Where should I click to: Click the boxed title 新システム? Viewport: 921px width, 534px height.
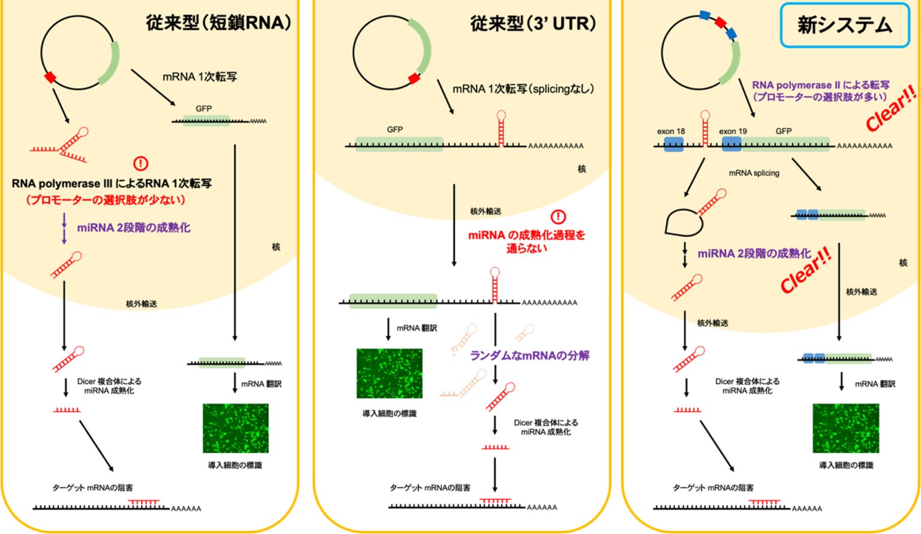pos(844,25)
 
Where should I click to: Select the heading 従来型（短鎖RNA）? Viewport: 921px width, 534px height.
pos(218,23)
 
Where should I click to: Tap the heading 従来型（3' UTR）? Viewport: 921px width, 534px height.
pos(533,23)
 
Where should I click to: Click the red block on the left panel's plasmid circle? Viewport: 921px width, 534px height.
pos(50,77)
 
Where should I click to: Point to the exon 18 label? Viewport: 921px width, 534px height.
pos(670,131)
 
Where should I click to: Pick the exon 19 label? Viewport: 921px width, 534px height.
pos(733,131)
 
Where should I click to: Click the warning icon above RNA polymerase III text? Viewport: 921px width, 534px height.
pos(140,163)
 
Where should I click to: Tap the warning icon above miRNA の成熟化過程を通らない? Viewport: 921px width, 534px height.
pos(558,216)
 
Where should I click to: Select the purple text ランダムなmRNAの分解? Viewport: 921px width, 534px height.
pos(529,355)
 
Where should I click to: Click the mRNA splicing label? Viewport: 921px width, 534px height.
pos(754,173)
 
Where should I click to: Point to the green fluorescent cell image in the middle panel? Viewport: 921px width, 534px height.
pos(389,373)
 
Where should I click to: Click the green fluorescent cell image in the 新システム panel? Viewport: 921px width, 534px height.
pos(845,428)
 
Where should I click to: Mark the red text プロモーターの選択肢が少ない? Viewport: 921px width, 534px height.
pos(105,200)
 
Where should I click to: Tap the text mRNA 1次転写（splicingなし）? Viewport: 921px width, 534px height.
pos(523,89)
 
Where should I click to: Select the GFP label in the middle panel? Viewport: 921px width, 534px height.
pos(395,129)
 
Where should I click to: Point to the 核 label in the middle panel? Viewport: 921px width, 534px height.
pos(581,169)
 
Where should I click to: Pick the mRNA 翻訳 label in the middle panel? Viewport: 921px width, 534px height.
pos(417,328)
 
